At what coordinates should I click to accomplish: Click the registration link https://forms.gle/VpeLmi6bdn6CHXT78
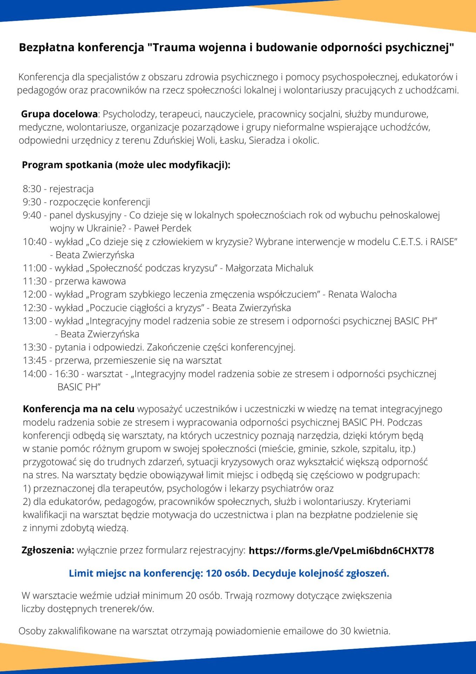click(341, 550)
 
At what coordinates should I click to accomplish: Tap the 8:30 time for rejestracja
click(32, 189)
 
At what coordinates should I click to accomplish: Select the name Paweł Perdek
click(163, 229)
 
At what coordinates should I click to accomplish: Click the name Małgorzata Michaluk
click(269, 268)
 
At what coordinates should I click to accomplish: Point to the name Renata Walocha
click(362, 295)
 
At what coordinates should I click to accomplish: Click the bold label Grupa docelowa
click(59, 114)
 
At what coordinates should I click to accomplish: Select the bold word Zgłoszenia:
click(48, 550)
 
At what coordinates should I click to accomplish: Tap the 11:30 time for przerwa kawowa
click(35, 281)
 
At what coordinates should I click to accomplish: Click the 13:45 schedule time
click(35, 361)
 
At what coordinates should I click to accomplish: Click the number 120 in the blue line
click(214, 573)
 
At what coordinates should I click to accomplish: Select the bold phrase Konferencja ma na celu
click(79, 409)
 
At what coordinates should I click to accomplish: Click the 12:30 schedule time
click(35, 308)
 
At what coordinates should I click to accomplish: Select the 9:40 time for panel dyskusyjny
click(32, 215)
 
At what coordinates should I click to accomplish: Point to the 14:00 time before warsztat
click(35, 374)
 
